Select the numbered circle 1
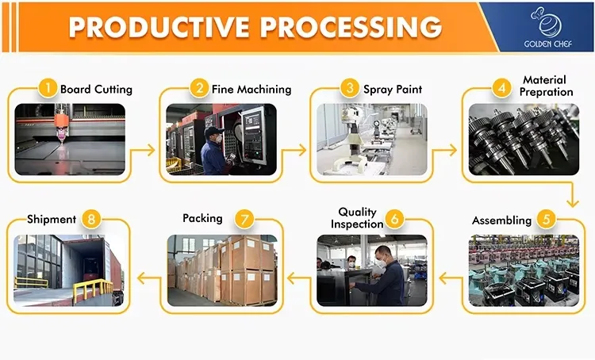coord(48,89)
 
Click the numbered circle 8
coord(92,220)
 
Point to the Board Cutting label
coord(96,89)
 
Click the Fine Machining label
coord(251,89)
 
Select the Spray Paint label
coord(393,89)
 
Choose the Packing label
coord(202,218)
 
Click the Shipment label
coord(52,219)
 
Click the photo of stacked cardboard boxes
coord(221,270)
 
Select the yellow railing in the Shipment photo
coord(91,290)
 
